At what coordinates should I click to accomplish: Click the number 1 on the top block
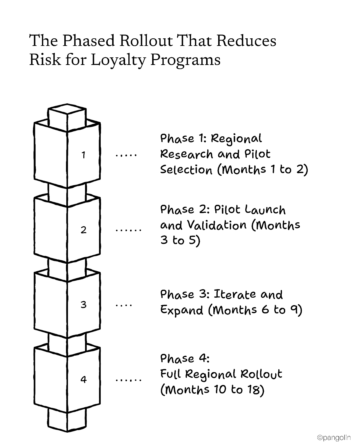pyautogui.click(x=83, y=155)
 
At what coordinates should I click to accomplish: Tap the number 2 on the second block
pyautogui.click(x=83, y=230)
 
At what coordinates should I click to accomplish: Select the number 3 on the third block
pyautogui.click(x=83, y=304)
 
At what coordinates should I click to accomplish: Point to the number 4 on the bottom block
pyautogui.click(x=83, y=379)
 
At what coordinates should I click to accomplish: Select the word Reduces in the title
pyautogui.click(x=246, y=41)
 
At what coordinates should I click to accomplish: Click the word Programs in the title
pyautogui.click(x=185, y=60)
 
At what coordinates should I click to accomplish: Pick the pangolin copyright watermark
pyautogui.click(x=334, y=438)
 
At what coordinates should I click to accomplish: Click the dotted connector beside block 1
pyautogui.click(x=126, y=155)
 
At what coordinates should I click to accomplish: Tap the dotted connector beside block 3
pyautogui.click(x=124, y=304)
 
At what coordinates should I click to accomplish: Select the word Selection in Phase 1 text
pyautogui.click(x=186, y=170)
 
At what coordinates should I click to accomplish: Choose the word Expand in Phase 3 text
pyautogui.click(x=182, y=310)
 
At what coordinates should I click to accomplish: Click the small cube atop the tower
pyautogui.click(x=67, y=117)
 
